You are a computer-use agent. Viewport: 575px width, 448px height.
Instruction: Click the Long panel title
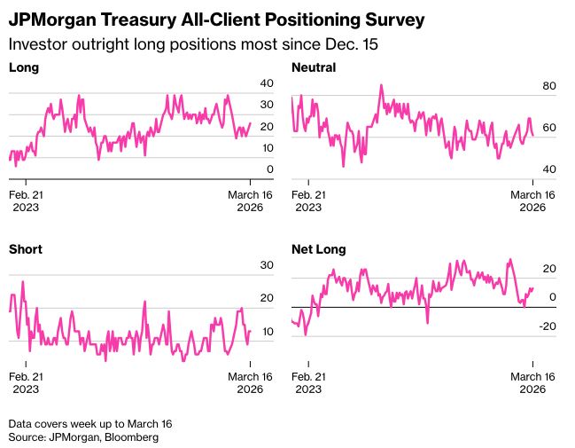pos(24,67)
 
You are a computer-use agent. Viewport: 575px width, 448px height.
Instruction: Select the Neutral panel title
pos(314,67)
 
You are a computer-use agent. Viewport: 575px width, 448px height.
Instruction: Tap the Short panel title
pos(26,249)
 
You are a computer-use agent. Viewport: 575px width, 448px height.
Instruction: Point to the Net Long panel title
pos(319,249)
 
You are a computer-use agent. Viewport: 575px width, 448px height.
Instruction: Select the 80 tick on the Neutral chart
pos(548,86)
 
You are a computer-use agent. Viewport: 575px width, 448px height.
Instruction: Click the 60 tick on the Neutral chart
pos(548,128)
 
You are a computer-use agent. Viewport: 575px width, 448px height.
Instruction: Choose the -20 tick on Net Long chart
pos(546,326)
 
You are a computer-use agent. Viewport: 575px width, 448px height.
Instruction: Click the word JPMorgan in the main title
pos(58,19)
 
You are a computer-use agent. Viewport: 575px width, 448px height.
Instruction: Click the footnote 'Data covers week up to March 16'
pos(91,423)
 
